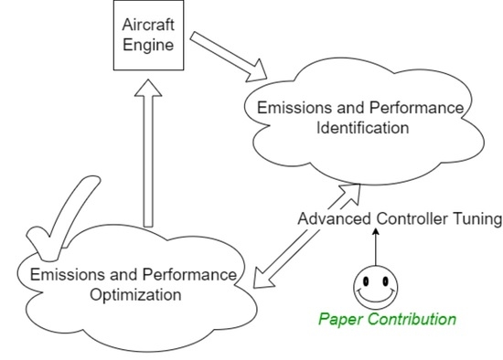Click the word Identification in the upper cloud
tap(361, 128)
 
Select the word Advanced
tap(330, 219)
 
